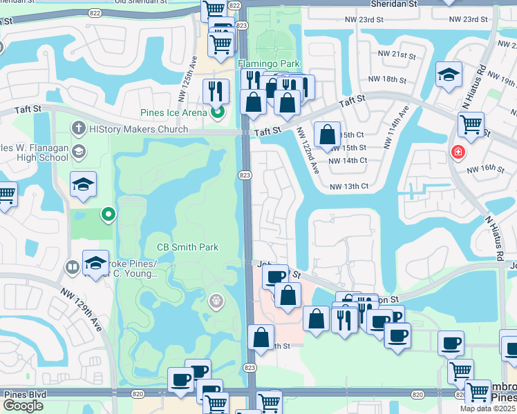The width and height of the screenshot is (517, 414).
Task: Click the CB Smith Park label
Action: point(187,247)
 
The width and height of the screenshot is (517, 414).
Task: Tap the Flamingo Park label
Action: point(269,63)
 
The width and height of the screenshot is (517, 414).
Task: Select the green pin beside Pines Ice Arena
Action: point(218,111)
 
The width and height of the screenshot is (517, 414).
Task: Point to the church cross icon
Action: point(79,129)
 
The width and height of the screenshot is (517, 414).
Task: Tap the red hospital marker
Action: point(458,152)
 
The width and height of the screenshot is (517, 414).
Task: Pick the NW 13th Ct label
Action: point(348,186)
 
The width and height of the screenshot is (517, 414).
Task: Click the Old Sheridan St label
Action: point(142,2)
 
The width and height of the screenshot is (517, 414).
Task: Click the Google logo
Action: point(23,406)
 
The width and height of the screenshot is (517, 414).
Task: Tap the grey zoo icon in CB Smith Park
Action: point(216,300)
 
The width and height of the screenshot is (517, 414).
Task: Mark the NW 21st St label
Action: point(396,54)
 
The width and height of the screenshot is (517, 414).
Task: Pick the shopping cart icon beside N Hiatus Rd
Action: point(471,124)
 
